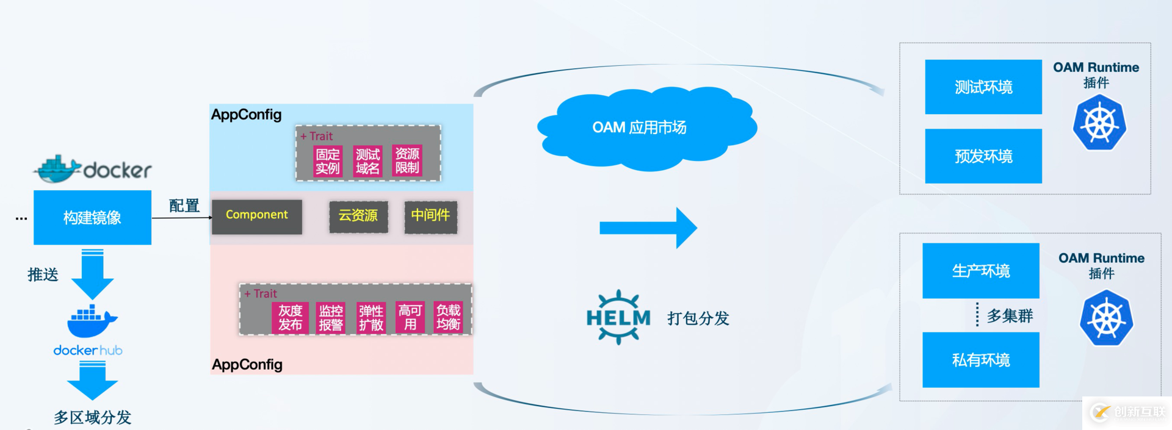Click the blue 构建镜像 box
click(x=92, y=217)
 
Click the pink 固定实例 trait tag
click(x=327, y=161)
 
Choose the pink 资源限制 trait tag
click(x=407, y=161)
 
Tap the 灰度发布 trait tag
click(x=290, y=318)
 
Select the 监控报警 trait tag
click(x=331, y=318)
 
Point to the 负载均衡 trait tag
click(x=448, y=318)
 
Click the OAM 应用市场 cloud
click(x=641, y=128)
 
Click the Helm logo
click(x=618, y=317)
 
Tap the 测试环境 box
click(x=983, y=87)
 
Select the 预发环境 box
click(x=983, y=156)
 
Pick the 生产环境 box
click(x=981, y=271)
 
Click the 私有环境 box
click(x=981, y=360)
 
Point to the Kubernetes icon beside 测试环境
click(x=1099, y=124)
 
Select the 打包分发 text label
click(x=698, y=318)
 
